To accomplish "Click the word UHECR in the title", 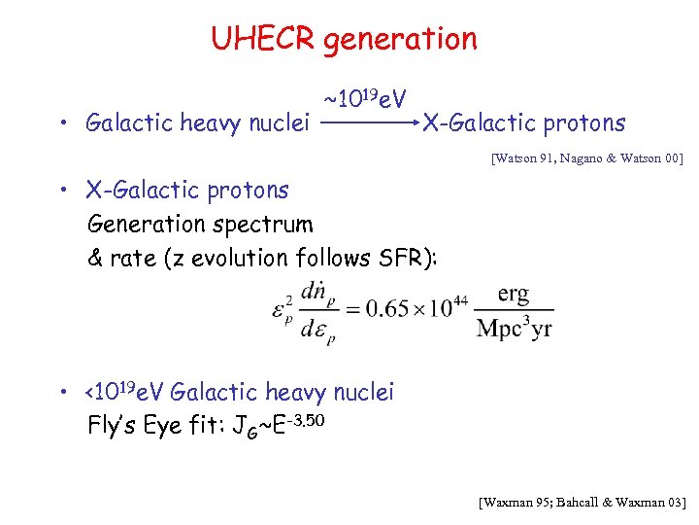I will click(263, 39).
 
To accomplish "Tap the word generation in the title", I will click(400, 39).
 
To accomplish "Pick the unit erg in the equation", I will click(514, 294).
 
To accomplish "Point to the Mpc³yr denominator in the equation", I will click(514, 328).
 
